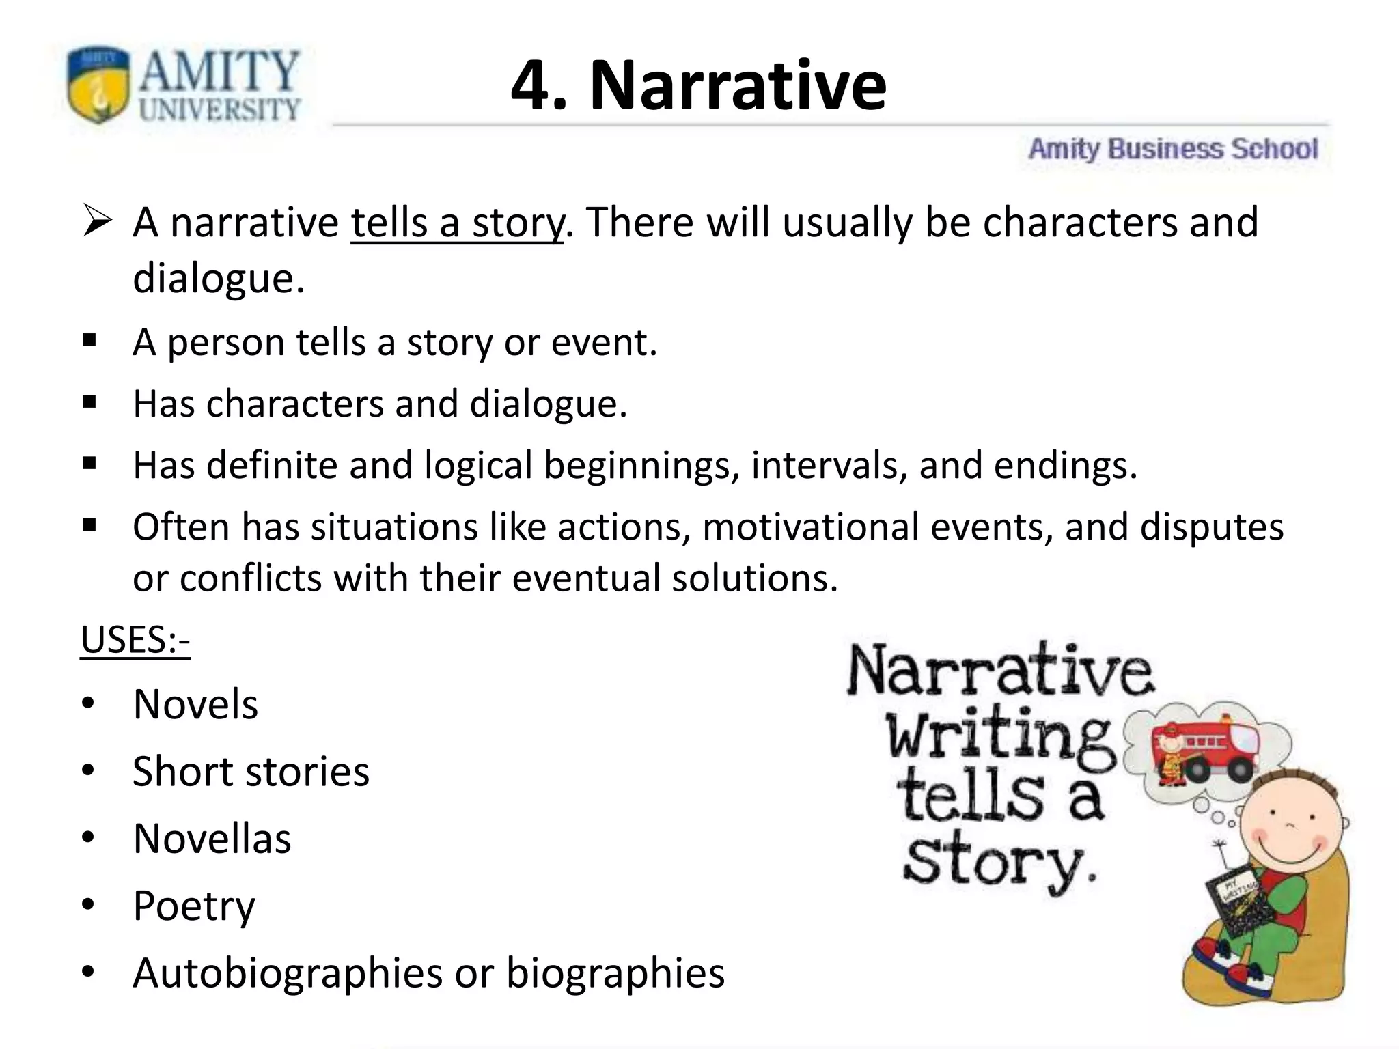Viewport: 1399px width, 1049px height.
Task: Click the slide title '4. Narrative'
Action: [x=698, y=86]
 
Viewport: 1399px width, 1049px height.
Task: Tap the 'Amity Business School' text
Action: [x=1173, y=149]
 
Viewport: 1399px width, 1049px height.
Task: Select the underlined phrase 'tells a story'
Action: [x=457, y=223]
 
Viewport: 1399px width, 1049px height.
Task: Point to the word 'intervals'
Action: [x=829, y=466]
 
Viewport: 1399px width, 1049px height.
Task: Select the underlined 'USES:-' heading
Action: [x=135, y=641]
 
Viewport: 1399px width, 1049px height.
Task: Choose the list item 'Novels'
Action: [x=195, y=704]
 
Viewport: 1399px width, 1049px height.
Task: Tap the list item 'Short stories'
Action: [x=251, y=772]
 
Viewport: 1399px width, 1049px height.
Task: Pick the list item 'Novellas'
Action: [x=212, y=839]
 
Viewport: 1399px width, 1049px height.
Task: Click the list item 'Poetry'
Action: [x=194, y=906]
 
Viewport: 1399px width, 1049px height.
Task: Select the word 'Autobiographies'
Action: [x=288, y=973]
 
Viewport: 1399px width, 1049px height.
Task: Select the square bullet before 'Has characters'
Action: [x=89, y=402]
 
